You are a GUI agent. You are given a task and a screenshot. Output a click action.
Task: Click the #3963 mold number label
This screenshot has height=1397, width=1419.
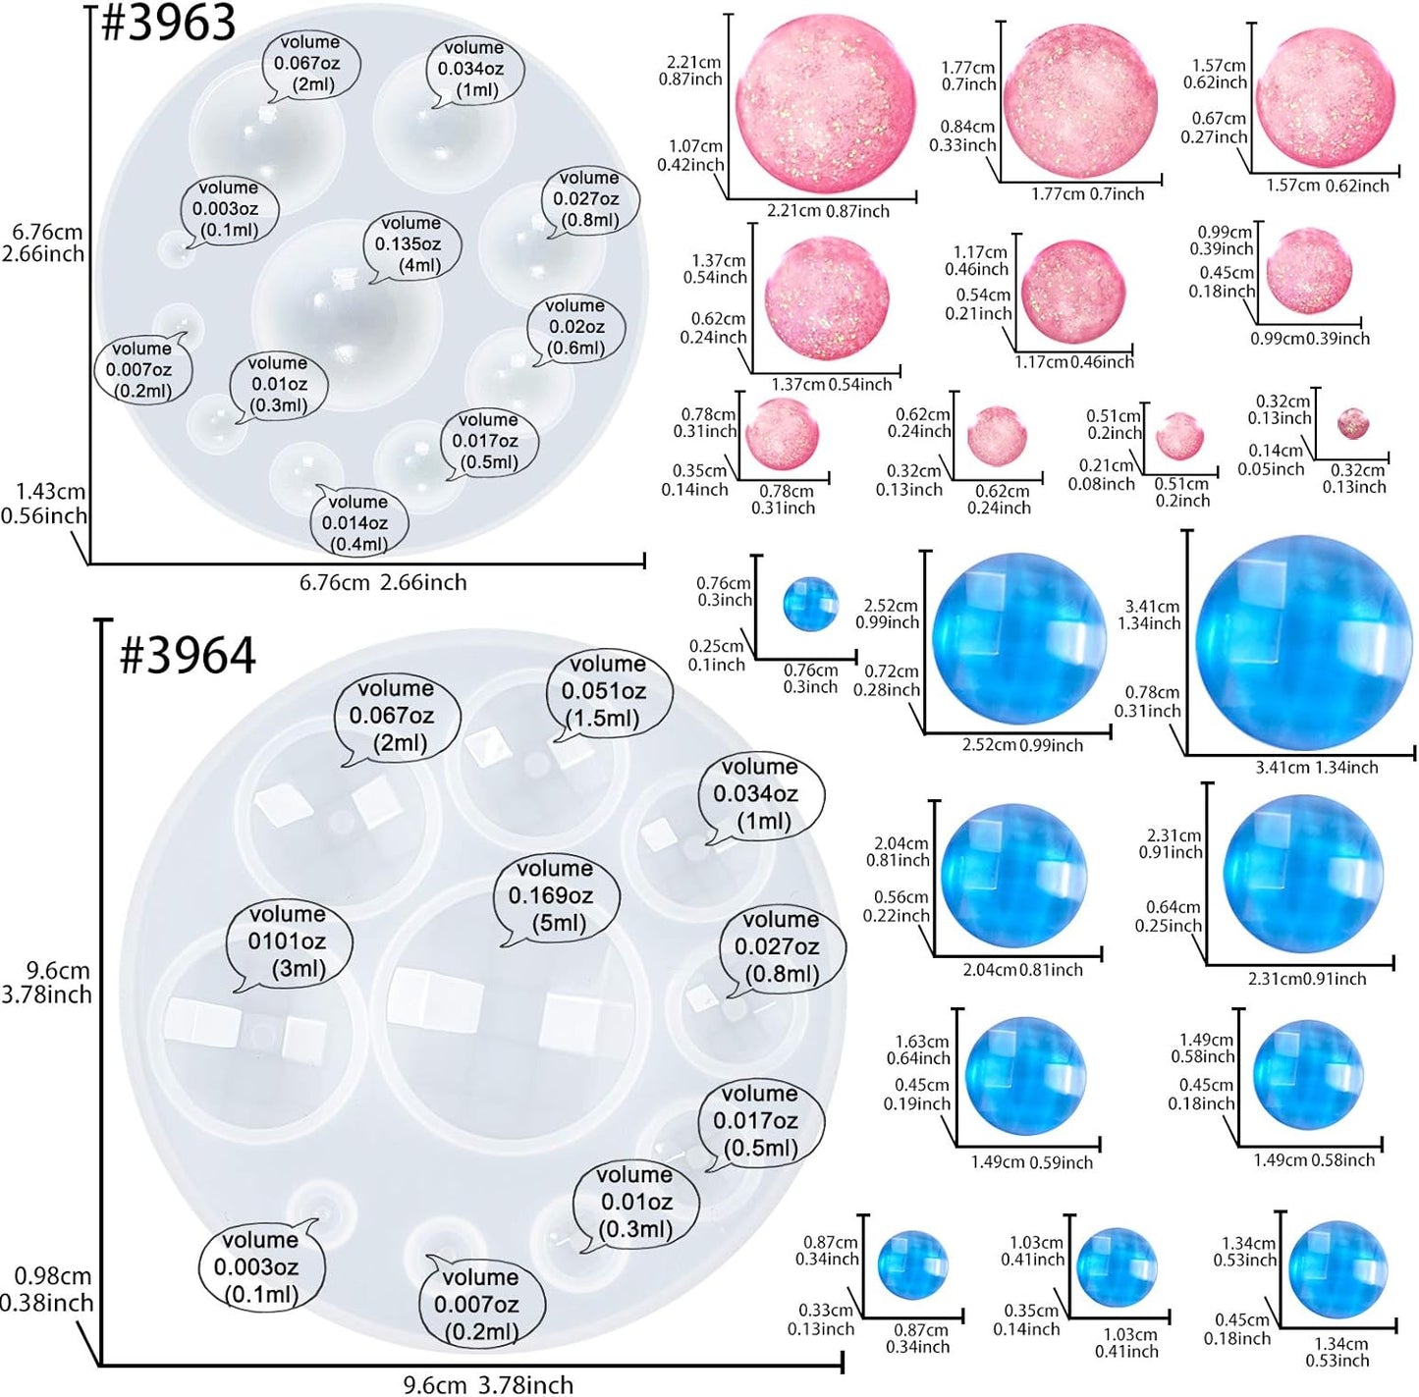click(x=168, y=23)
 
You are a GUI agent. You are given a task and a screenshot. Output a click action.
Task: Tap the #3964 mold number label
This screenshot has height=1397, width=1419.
click(x=187, y=655)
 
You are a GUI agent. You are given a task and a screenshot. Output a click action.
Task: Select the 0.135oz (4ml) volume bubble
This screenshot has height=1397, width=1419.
click(x=410, y=244)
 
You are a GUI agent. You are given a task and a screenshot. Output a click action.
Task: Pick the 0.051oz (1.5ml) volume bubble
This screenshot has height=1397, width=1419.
click(x=606, y=691)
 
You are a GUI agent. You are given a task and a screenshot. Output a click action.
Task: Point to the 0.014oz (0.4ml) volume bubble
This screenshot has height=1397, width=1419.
click(x=357, y=523)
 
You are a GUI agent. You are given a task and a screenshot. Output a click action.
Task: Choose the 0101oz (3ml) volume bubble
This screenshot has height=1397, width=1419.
click(x=287, y=941)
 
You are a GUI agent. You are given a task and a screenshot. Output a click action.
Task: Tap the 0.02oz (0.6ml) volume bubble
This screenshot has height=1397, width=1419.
click(x=575, y=327)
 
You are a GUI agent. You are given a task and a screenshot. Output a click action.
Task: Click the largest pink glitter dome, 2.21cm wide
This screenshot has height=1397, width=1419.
click(x=825, y=103)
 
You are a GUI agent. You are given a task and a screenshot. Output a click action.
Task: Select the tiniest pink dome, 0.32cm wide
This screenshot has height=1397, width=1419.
click(x=1353, y=423)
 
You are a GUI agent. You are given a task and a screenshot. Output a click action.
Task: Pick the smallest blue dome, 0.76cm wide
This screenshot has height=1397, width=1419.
click(x=810, y=604)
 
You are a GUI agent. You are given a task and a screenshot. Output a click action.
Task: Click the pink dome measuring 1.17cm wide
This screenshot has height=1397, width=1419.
click(x=1072, y=293)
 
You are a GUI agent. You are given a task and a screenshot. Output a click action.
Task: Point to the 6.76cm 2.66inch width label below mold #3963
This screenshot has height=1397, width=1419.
click(x=383, y=582)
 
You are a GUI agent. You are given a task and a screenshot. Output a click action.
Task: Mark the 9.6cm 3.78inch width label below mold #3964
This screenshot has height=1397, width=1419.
click(x=488, y=1384)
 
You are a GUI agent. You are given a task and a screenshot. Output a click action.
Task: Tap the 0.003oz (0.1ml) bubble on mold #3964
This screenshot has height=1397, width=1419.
click(x=260, y=1266)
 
